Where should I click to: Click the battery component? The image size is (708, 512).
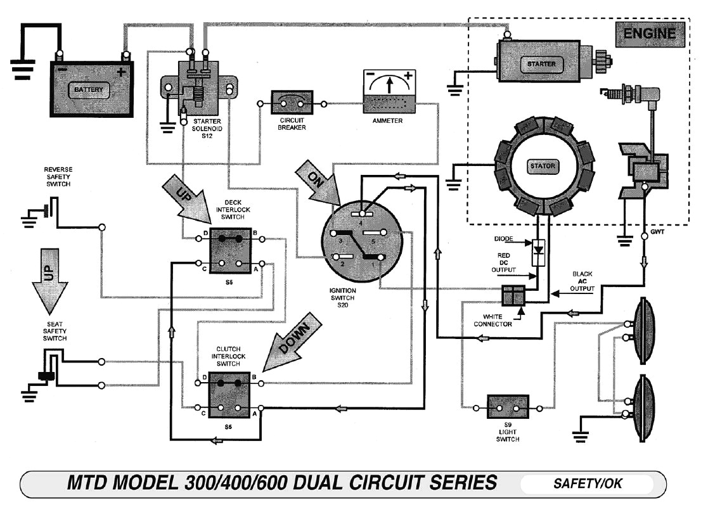pos(92,89)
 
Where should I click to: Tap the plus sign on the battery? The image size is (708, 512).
pos(121,72)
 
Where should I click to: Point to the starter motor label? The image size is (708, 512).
pos(541,64)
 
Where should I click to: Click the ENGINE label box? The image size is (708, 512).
pos(650,34)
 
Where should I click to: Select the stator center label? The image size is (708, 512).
pos(542,167)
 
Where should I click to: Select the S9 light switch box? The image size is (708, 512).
pos(508,406)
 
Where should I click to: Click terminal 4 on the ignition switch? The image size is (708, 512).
pos(360,214)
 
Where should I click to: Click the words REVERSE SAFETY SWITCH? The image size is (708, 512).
pos(58,177)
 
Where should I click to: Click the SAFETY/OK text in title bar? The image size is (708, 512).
pos(588,484)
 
